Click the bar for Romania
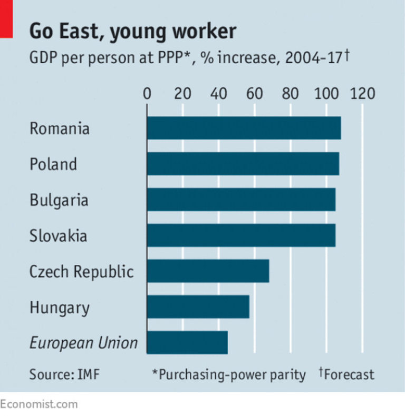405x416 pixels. click(x=244, y=128)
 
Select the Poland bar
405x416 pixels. click(x=243, y=164)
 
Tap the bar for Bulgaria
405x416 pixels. click(x=241, y=200)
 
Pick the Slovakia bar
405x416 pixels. click(x=241, y=235)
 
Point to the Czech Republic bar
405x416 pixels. click(x=208, y=271)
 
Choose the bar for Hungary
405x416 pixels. click(x=198, y=307)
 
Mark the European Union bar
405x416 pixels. click(x=187, y=342)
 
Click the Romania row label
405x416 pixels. click(x=60, y=128)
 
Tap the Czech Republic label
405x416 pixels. click(x=82, y=272)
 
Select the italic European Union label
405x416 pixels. click(x=83, y=343)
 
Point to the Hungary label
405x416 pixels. click(x=60, y=308)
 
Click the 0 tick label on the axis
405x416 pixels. click(x=147, y=94)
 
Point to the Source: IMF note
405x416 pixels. click(x=64, y=374)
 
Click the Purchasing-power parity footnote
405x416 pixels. click(x=229, y=374)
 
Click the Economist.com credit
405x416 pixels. click(x=39, y=404)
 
